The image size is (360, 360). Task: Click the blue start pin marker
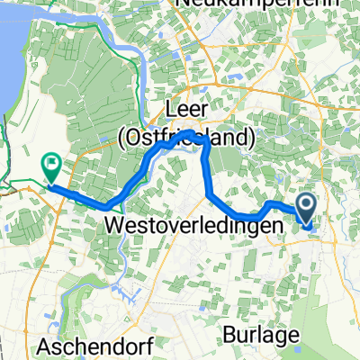(306, 210)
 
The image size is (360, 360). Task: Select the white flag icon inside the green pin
(51, 164)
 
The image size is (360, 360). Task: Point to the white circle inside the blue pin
(306, 205)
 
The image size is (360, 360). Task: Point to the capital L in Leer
(170, 112)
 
